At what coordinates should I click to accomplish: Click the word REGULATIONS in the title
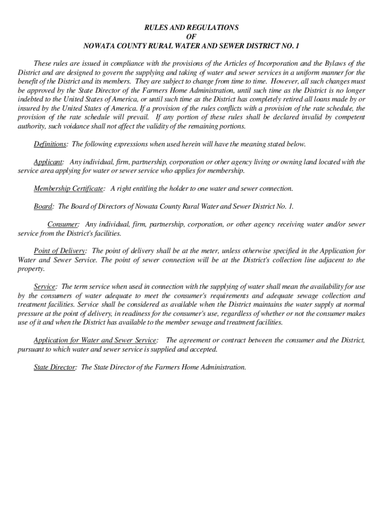coord(214,27)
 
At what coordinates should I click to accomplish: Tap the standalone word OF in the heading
coord(191,36)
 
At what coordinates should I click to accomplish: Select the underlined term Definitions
coord(50,144)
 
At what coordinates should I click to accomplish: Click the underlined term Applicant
coord(48,162)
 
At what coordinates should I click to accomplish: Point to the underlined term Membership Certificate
coord(69,189)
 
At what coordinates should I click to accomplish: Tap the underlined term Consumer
coord(63,225)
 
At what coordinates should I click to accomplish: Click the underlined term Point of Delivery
coord(60,251)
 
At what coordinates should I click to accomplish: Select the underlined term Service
coord(45,287)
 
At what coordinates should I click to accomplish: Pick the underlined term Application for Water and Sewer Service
coord(96,340)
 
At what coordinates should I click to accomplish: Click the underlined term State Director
coord(55,368)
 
